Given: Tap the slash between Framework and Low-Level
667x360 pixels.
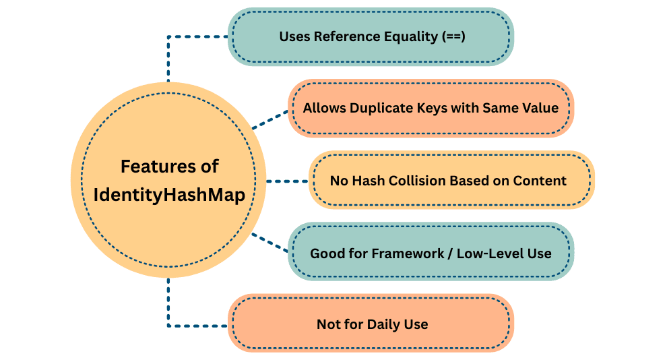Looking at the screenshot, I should [451, 253].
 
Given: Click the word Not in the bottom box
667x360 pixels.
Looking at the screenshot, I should [327, 324].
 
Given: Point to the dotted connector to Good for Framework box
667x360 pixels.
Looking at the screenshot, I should [269, 242].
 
